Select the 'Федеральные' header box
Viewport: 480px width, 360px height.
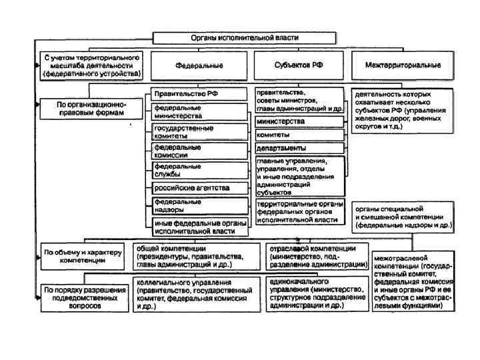pos(199,66)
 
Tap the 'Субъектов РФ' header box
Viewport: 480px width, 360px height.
pos(299,66)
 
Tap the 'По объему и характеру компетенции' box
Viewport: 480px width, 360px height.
pos(83,257)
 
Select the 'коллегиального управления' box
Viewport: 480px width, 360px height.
pos(196,295)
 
